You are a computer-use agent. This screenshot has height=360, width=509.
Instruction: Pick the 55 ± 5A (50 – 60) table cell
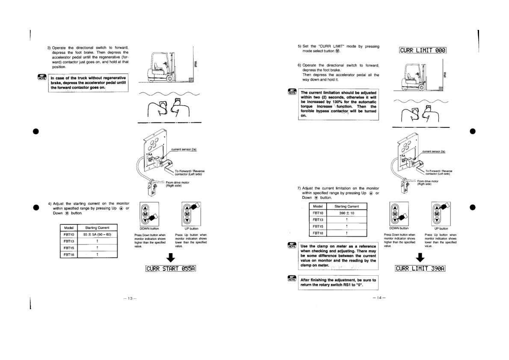[98, 235]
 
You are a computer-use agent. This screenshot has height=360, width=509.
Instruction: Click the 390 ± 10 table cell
[346, 213]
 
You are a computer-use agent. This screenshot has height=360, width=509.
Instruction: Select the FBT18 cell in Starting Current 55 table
[69, 254]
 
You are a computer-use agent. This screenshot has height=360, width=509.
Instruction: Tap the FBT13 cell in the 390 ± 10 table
[317, 220]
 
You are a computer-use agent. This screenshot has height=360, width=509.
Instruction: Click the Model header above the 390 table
[317, 206]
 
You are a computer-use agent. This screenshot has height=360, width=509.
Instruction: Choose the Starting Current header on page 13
[98, 228]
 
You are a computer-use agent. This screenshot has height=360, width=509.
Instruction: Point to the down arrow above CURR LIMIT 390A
[420, 257]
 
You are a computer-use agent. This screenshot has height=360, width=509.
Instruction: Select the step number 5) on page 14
[299, 46]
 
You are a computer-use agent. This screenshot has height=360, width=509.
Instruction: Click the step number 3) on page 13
[49, 47]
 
